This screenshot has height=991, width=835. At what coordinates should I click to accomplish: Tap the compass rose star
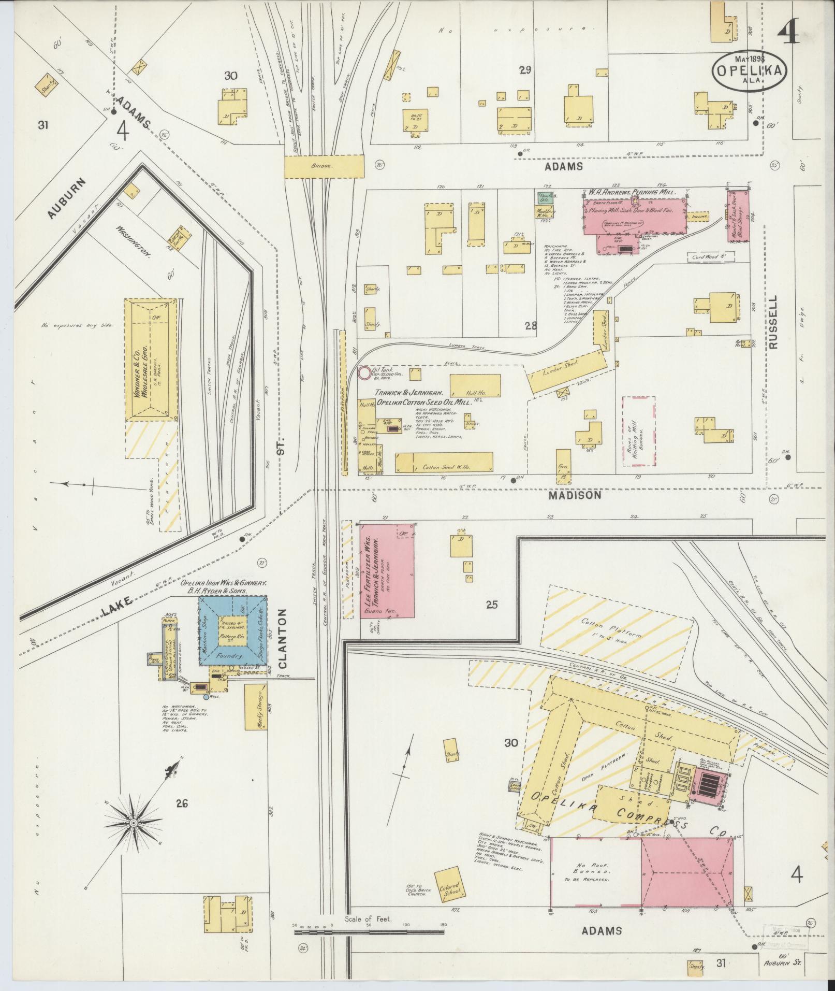coord(133,823)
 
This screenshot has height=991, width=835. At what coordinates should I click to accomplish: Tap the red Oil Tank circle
coord(364,372)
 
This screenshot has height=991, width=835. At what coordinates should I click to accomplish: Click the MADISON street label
coord(579,495)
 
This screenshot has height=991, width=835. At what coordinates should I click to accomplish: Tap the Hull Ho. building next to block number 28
coord(475,385)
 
